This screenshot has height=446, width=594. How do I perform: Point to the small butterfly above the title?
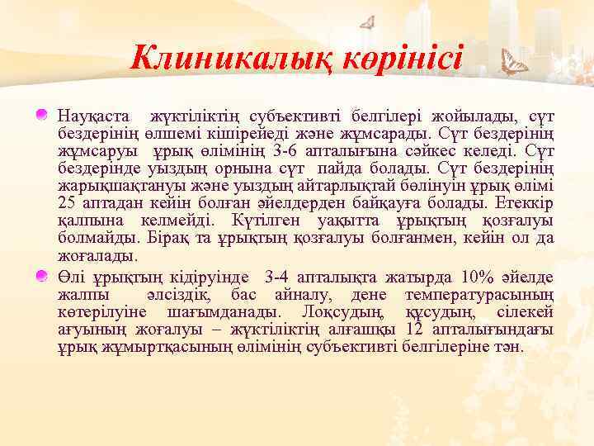point(369,21)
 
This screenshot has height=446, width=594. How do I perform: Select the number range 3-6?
point(269,149)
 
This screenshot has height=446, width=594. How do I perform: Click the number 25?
point(68,202)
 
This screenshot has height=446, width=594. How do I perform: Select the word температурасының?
point(479,294)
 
